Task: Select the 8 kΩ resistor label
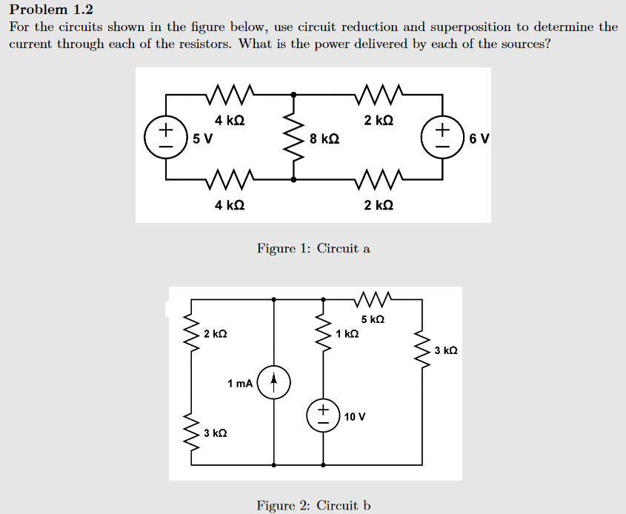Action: coord(325,138)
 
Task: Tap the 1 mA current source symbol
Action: coord(274,383)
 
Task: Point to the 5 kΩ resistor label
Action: coord(373,319)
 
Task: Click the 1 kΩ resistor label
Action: coord(347,334)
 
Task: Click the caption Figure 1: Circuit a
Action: coord(313,248)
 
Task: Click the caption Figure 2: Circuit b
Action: coord(313,505)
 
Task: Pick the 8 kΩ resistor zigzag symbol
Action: coord(294,138)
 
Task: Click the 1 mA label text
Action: coord(240,383)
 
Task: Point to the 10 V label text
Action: coord(355,416)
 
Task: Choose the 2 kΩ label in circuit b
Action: coord(215,334)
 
